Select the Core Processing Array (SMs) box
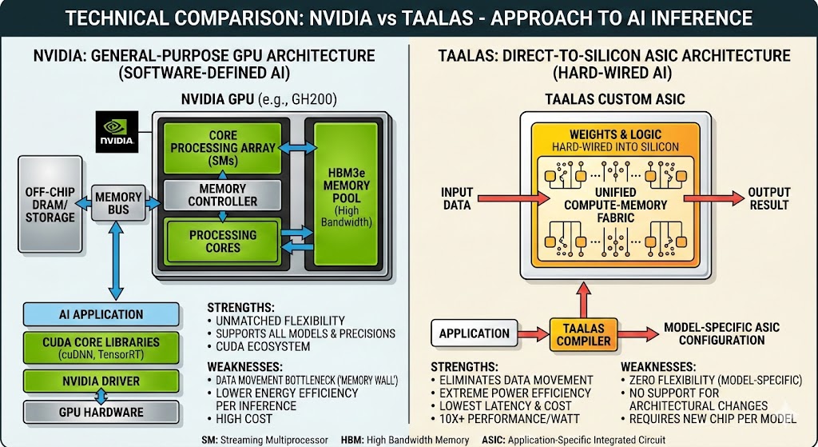pos(222,148)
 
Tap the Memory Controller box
pos(222,195)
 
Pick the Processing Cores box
pos(222,241)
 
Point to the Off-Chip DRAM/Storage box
pos(50,206)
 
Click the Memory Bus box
pos(118,203)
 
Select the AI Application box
pos(101,314)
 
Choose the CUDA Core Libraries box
pos(101,348)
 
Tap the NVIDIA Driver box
pos(101,380)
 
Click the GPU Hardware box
pos(101,412)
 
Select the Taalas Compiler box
pos(584,333)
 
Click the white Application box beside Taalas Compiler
pos(474,333)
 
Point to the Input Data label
pos(456,198)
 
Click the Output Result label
pos(768,198)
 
